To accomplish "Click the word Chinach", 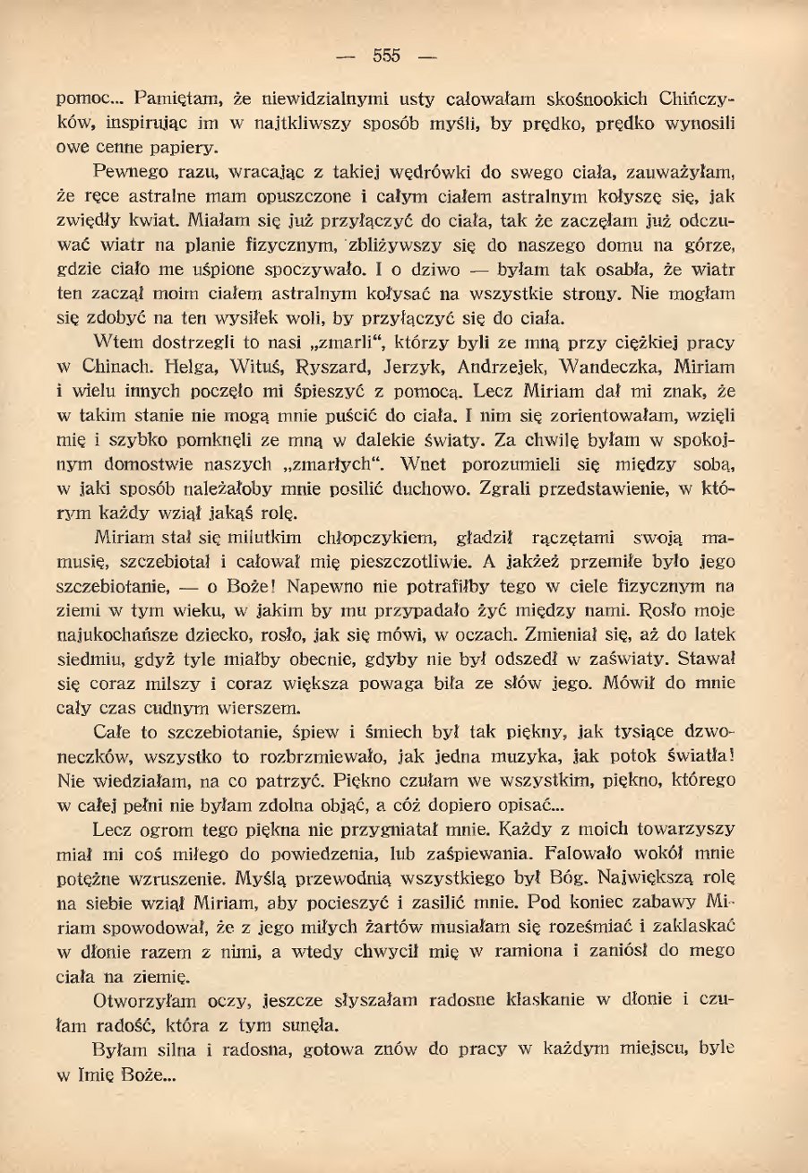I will tap(106, 365).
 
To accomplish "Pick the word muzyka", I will tap(480, 753).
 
